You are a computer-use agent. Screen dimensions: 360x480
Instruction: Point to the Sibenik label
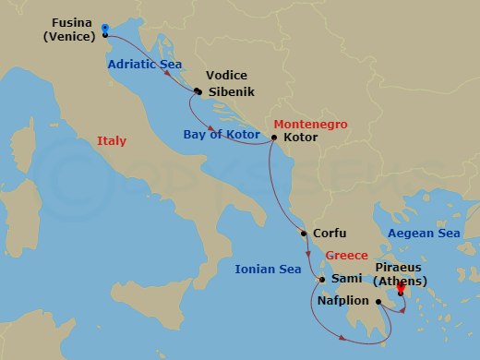(232, 92)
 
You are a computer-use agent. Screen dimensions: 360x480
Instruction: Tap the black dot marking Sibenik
(198, 91)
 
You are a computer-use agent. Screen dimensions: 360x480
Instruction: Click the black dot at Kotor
(274, 138)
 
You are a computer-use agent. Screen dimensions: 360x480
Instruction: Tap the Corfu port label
(330, 234)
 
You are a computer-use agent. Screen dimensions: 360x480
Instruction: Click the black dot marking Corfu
(306, 234)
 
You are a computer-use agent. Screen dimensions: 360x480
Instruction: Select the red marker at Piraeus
(401, 289)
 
